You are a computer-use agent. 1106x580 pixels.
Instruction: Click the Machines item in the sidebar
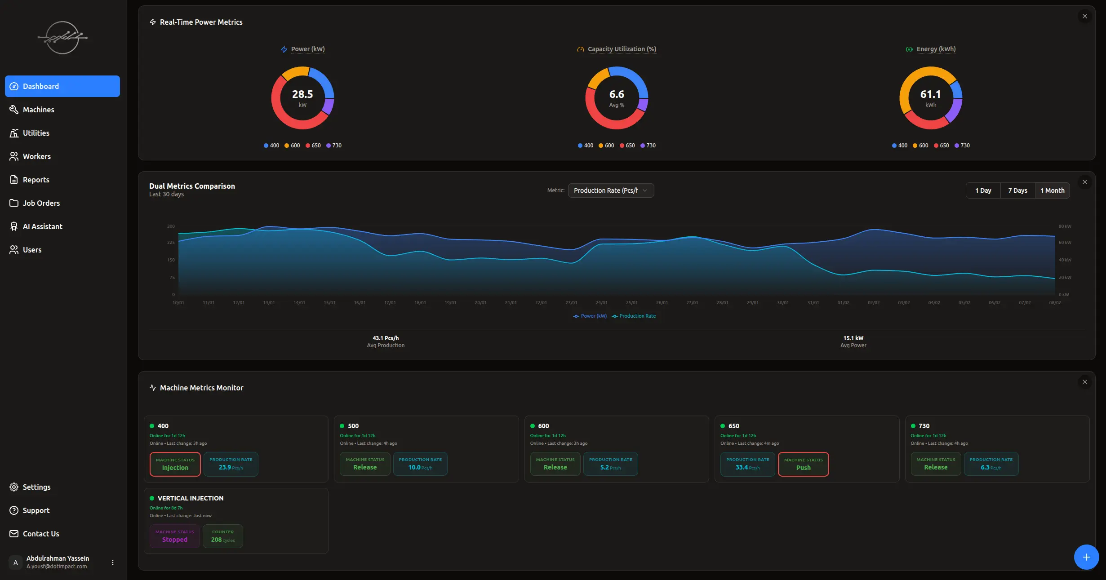pos(38,110)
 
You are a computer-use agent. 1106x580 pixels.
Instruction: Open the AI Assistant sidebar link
pos(42,226)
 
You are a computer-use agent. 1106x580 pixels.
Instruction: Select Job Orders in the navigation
pos(41,203)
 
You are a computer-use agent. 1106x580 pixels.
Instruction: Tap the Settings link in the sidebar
pos(36,487)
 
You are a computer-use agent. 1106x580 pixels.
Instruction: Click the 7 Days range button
pos(1017,190)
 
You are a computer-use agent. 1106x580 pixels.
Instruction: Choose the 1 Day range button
pos(983,190)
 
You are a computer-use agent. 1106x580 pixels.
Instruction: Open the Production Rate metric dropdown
pos(611,190)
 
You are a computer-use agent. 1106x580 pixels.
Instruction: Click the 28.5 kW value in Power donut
pos(302,95)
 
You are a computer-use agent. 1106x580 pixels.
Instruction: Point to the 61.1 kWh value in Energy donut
pos(930,95)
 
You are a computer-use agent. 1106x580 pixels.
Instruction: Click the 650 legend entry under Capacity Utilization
pos(627,146)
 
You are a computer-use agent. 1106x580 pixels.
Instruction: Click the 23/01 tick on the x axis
pos(571,303)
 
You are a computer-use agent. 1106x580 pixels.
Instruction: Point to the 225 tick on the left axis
pos(171,243)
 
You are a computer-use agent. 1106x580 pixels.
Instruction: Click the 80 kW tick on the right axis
pos(1065,226)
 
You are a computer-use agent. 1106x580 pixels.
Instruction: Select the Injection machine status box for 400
pos(175,464)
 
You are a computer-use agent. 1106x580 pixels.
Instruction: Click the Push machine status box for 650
pos(803,464)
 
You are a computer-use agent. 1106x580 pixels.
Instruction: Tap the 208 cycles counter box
pos(223,536)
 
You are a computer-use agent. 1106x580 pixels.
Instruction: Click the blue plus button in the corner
pos(1086,557)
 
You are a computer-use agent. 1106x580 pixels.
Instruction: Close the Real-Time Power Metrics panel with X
pos(1085,16)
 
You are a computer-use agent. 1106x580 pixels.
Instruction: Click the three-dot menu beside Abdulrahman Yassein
pos(113,562)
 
